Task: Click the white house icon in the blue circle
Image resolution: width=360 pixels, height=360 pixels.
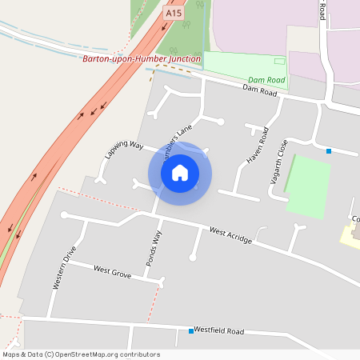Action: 180,173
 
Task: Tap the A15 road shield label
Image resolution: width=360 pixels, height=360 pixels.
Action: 173,13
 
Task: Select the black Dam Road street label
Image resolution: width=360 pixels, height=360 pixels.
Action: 260,93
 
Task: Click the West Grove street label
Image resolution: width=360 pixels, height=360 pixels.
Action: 112,274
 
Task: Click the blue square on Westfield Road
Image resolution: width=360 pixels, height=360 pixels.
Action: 190,331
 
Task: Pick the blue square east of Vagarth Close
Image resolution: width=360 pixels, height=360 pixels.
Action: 328,150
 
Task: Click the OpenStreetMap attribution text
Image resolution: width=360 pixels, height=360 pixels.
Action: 81,354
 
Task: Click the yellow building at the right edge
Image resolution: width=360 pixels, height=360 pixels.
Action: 351,235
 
